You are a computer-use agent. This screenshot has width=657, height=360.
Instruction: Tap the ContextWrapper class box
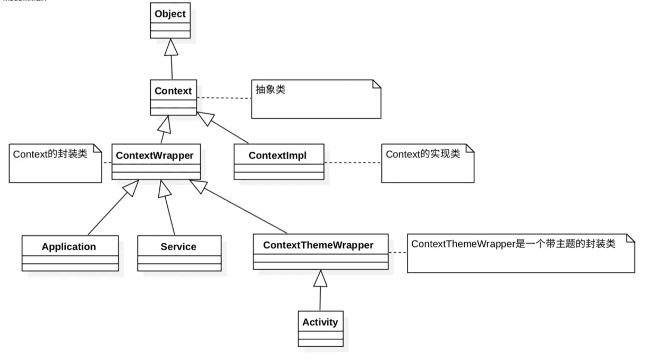[156, 161]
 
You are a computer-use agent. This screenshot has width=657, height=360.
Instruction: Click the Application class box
[70, 253]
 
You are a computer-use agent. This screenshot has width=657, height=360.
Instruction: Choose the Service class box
[179, 253]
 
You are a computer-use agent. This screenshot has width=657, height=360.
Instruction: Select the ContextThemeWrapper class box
[320, 251]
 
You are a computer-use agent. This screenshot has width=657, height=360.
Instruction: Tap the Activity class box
[320, 328]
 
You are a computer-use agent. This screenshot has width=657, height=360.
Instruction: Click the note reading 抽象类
[316, 99]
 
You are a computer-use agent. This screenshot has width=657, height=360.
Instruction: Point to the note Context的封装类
[55, 163]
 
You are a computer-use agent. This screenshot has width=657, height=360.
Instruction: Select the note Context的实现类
[427, 163]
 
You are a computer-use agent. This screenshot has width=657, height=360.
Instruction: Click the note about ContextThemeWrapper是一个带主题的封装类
[520, 253]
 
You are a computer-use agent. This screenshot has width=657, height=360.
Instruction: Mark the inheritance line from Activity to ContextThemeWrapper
[320, 297]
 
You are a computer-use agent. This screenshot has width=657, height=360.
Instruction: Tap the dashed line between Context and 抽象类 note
[224, 98]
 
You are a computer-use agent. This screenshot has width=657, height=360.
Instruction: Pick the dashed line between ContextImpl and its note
[352, 162]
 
